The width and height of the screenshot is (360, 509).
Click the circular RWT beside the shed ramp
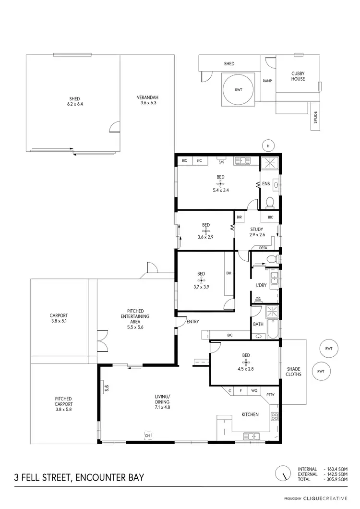click(x=237, y=90)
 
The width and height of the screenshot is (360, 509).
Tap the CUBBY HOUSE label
click(x=298, y=76)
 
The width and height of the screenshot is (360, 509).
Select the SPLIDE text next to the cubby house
click(x=315, y=118)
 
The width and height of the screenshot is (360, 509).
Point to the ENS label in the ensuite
click(x=265, y=183)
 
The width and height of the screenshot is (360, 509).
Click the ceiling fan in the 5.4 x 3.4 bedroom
click(x=220, y=183)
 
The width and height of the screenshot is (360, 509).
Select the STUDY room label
click(x=257, y=230)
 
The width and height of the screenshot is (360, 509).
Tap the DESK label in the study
click(x=263, y=248)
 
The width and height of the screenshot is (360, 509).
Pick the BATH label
click(x=258, y=324)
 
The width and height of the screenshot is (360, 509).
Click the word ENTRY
click(x=192, y=322)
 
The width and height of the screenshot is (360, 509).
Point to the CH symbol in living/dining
click(x=148, y=435)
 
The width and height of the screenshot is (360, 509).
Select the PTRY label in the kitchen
click(x=270, y=395)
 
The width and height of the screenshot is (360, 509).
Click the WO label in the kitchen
click(x=254, y=391)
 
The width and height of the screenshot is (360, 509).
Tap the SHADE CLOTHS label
click(x=294, y=371)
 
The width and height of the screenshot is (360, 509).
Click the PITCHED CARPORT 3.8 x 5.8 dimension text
click(x=63, y=404)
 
